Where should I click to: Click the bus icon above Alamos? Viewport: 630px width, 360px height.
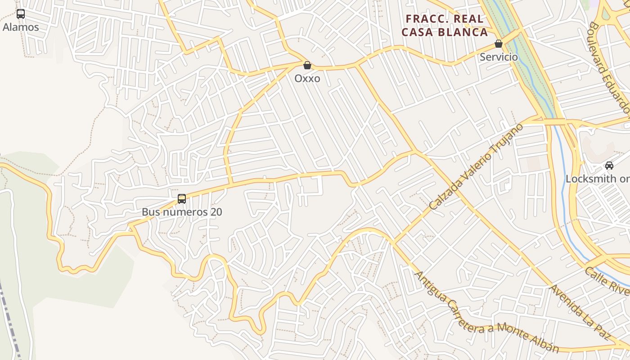tap(21, 14)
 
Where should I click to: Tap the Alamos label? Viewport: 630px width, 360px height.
tap(21, 27)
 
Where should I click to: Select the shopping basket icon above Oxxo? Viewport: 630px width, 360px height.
tap(307, 66)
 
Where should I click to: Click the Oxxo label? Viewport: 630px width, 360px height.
tap(307, 78)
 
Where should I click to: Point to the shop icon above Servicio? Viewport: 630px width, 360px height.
tap(499, 44)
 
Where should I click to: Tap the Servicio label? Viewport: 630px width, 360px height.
tap(499, 57)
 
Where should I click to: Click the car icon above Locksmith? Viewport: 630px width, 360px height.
tap(609, 166)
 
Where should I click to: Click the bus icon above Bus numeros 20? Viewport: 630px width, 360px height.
tap(182, 198)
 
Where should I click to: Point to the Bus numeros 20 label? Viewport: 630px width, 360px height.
tap(182, 212)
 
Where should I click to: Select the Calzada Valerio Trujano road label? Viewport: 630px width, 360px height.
tap(476, 166)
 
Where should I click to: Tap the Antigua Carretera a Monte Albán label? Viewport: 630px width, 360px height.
tap(486, 313)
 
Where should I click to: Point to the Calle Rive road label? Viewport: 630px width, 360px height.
tap(607, 282)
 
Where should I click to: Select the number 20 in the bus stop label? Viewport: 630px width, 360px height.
tap(216, 212)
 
